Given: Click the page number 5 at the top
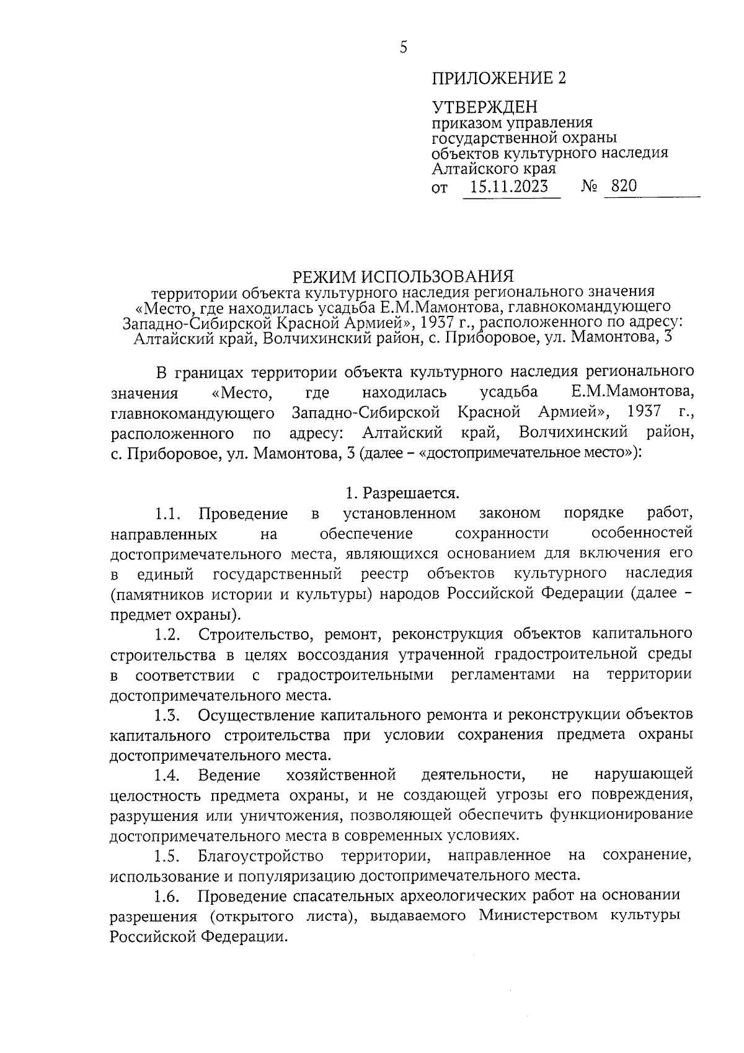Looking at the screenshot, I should [x=404, y=48].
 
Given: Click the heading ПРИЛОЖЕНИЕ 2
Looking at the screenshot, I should [x=499, y=78].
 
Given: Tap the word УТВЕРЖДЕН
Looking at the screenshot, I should [x=484, y=107].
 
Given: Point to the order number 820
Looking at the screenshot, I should [x=623, y=186].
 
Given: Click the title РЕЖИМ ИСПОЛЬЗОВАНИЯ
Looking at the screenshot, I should [x=404, y=276].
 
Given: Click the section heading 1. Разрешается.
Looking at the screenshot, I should [x=403, y=493].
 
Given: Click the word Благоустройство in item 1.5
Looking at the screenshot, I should [x=261, y=856].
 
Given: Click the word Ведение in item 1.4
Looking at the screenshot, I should [x=229, y=775].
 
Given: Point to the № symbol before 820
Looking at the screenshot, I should [x=590, y=186].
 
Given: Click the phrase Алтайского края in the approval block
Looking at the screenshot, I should [x=494, y=168].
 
